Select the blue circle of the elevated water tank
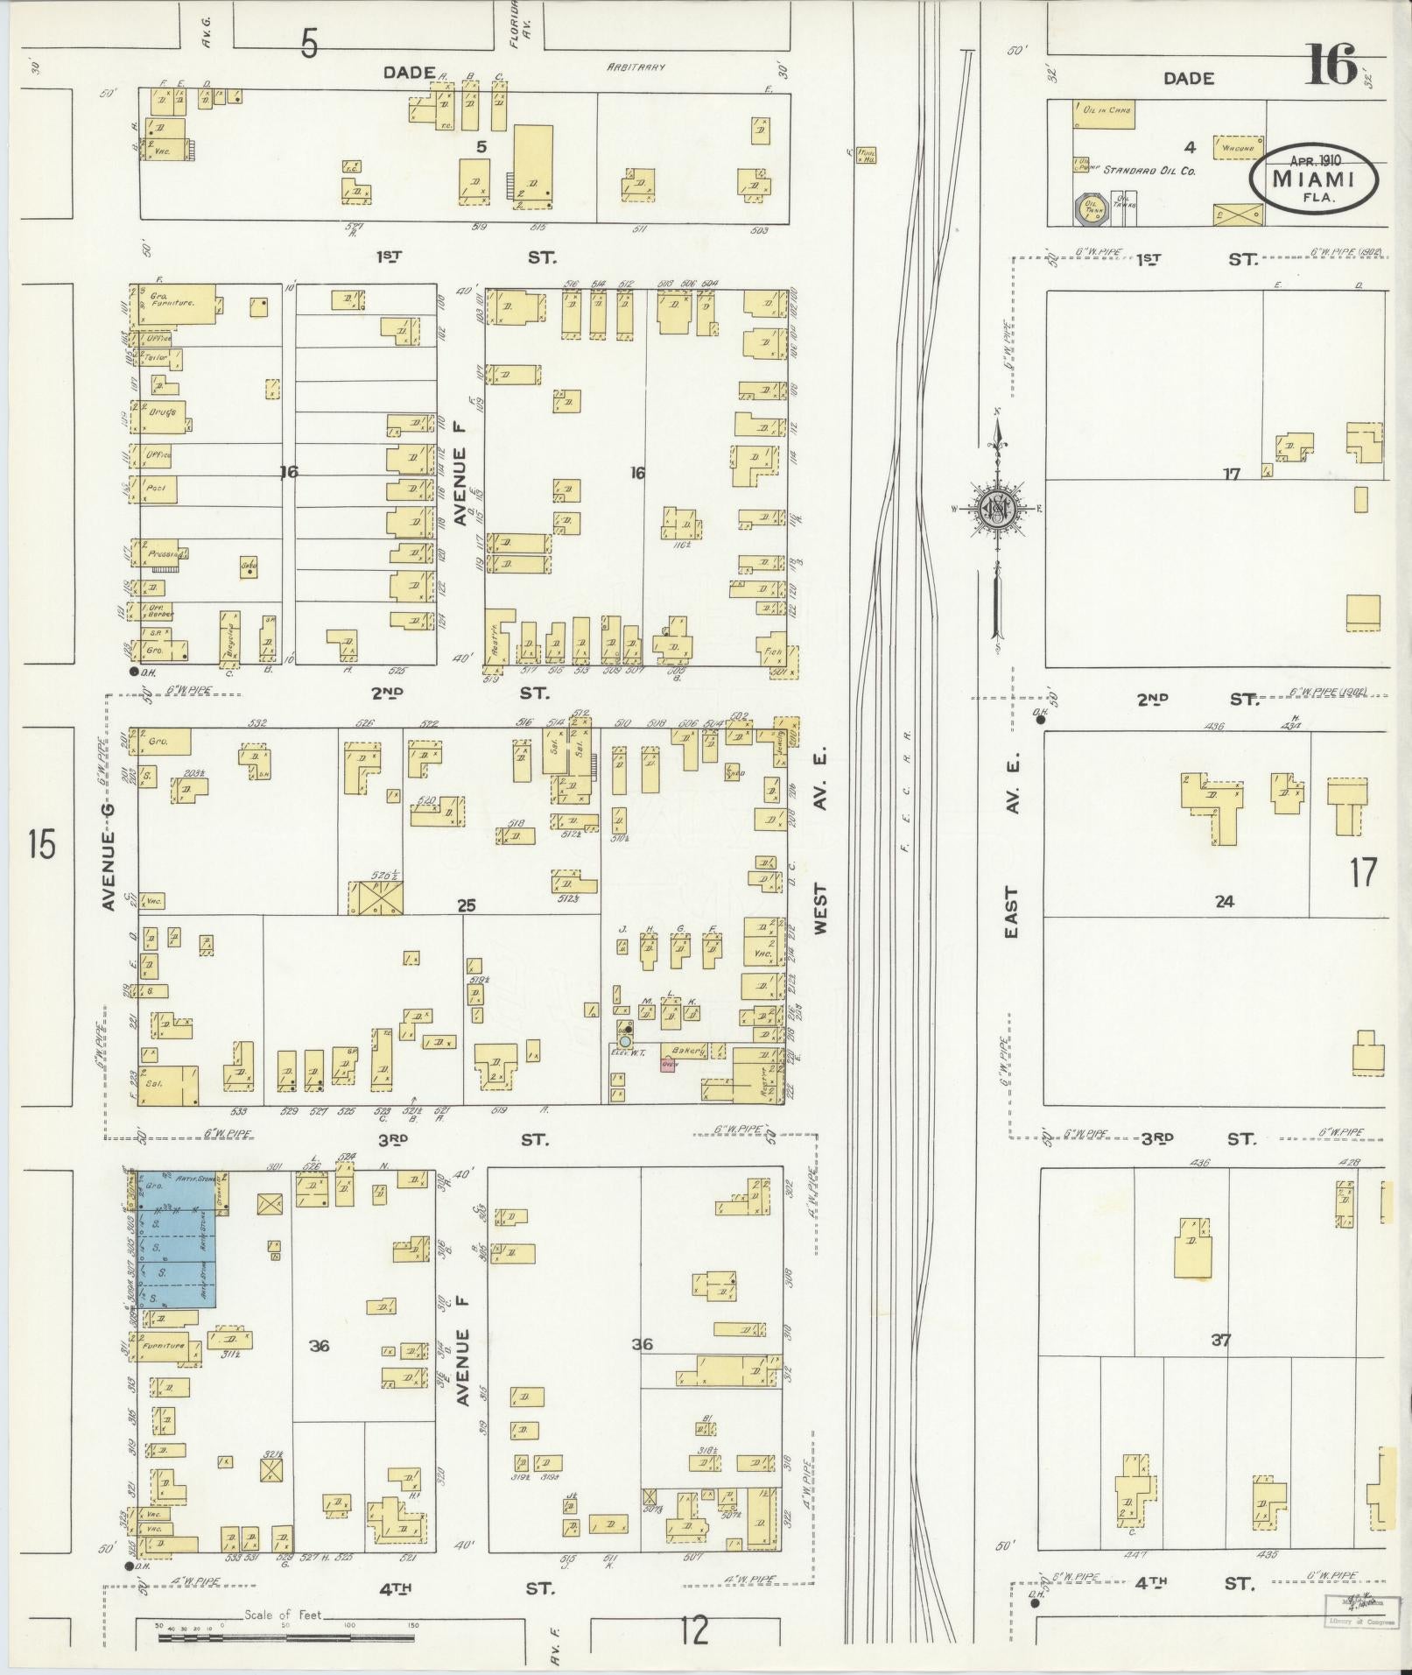click(x=626, y=1043)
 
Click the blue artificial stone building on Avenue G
click(x=175, y=1239)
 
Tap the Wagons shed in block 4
click(x=1238, y=148)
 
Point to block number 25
click(x=466, y=904)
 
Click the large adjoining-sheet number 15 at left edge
click(x=41, y=846)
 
